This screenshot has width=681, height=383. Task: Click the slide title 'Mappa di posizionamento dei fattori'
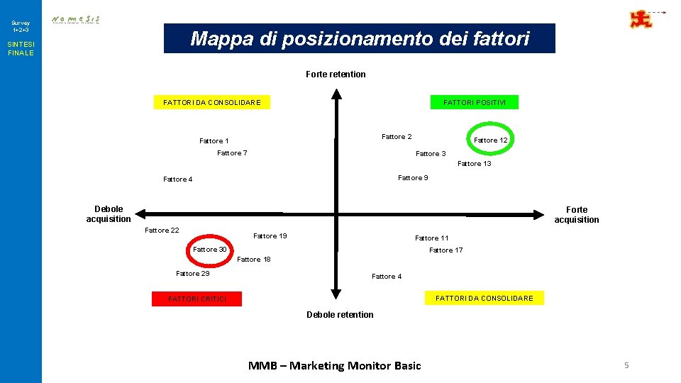coord(360,38)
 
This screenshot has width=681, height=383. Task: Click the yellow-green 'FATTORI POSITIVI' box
coord(475,103)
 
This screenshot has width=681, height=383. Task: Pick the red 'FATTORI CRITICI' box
coord(197,299)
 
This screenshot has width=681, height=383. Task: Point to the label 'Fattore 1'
coord(214,141)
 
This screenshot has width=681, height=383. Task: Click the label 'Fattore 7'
coord(232,153)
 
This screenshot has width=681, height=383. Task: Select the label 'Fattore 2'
coord(397,137)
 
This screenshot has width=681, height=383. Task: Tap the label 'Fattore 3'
coord(431,154)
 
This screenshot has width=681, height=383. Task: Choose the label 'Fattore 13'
coord(475,164)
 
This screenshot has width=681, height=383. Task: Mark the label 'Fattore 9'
coord(413,178)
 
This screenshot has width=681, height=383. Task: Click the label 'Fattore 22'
coord(162,231)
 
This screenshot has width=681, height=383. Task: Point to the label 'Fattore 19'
coord(270,236)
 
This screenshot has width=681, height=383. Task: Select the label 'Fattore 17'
coord(446,250)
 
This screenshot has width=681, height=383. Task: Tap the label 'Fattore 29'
coord(193,274)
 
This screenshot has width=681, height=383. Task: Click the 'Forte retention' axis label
coord(336,74)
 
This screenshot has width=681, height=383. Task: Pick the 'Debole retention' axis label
coord(340,315)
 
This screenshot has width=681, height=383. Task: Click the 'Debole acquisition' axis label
coord(109,214)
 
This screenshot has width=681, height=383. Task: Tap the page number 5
coord(626,365)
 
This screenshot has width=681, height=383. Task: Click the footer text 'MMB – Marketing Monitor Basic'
coord(334,366)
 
